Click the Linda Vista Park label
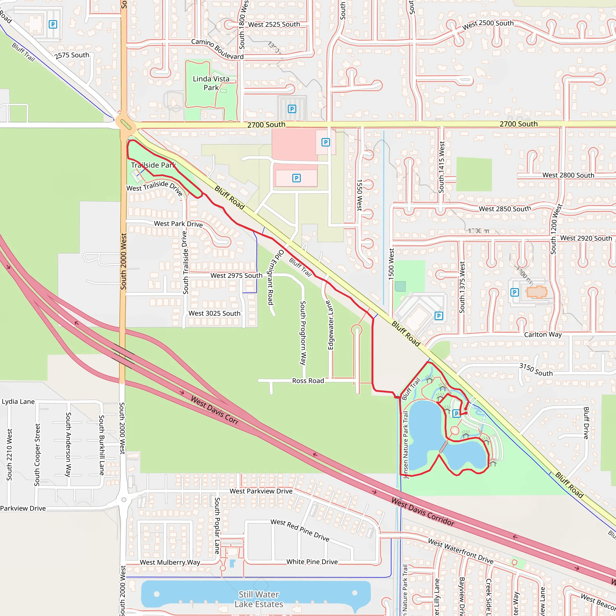211,83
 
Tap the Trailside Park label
153,165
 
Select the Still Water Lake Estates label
259,599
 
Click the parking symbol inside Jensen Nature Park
456,413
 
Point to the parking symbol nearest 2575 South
53,24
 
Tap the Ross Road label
308,381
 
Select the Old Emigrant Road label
275,277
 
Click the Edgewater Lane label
330,325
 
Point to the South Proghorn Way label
303,333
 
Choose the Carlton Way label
543,334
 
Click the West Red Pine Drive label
300,530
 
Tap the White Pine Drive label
312,562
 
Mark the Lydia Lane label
18,402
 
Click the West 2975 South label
236,276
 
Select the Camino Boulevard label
217,49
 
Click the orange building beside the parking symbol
537,292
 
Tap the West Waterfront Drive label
460,551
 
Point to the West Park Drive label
178,224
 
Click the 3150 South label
536,370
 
